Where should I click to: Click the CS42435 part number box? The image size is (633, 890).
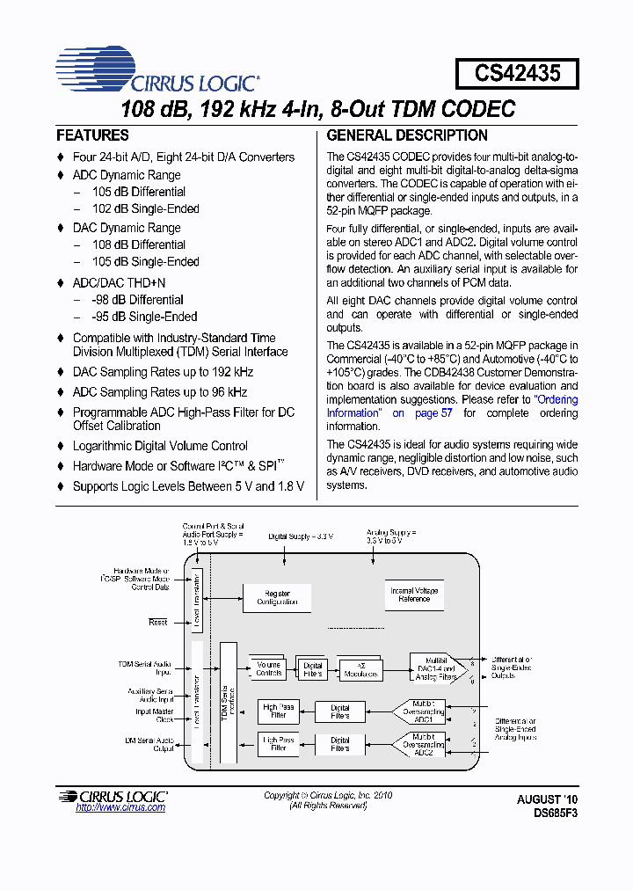[x=517, y=73]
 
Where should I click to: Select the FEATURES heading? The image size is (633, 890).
[x=92, y=135]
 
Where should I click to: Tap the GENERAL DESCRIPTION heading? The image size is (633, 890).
[x=407, y=135]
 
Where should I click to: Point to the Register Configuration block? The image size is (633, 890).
[x=277, y=598]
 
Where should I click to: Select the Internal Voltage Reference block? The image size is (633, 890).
[x=414, y=595]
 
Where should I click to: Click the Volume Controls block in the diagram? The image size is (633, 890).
[x=269, y=669]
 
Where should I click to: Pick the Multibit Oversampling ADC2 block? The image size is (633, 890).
[x=423, y=744]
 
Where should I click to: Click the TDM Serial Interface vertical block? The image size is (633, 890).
[x=228, y=703]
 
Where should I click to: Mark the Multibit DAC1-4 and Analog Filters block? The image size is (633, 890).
[x=436, y=668]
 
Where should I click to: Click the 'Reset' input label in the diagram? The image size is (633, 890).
[x=158, y=622]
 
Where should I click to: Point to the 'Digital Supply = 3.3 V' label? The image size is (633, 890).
[x=302, y=536]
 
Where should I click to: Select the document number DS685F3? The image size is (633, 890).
[x=556, y=813]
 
